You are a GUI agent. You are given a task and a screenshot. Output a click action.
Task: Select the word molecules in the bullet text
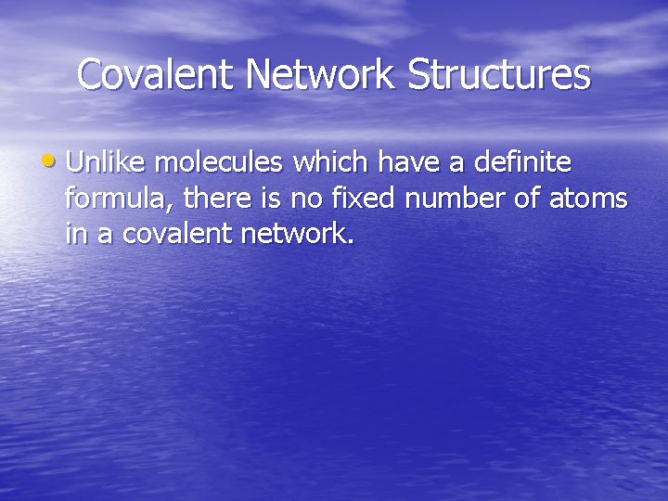(221, 163)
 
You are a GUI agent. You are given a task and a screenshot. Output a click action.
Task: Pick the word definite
(523, 163)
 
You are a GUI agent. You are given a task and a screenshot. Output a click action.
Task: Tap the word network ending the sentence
(297, 234)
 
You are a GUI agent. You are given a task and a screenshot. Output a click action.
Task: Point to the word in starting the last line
(75, 234)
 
